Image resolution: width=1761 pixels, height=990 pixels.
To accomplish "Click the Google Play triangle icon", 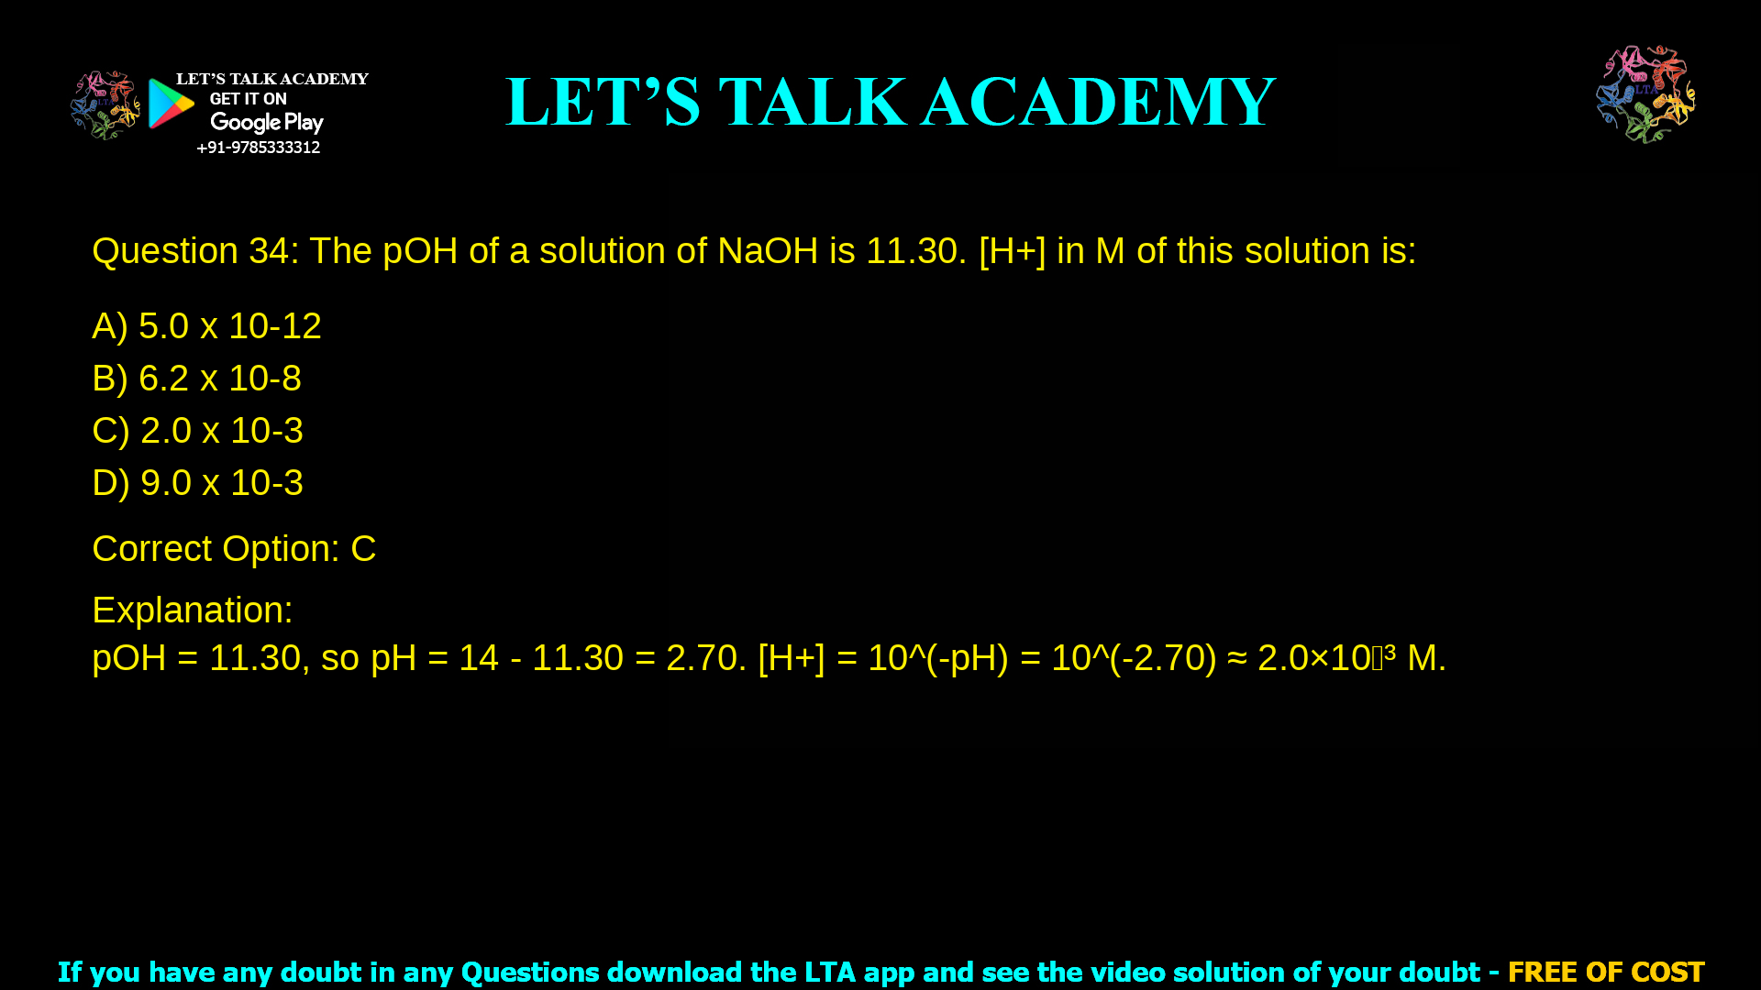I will tap(171, 104).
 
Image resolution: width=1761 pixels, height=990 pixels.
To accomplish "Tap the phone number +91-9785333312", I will tap(259, 148).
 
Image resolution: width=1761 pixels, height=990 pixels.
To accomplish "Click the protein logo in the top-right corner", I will tap(1645, 93).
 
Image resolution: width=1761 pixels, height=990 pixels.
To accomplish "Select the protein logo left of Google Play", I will tap(105, 105).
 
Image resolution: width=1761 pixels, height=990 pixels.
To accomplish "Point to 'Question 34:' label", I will tap(195, 251).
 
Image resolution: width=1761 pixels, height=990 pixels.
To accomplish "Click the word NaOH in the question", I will tap(768, 251).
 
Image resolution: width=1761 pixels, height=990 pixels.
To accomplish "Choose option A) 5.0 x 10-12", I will tap(206, 326).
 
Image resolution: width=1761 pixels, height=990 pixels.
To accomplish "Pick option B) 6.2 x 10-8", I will tap(196, 379).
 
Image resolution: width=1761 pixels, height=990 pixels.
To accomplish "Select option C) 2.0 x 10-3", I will tap(197, 431).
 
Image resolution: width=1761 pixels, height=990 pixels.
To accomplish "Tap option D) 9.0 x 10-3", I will tap(197, 483).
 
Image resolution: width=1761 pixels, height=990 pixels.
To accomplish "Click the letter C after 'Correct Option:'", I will tap(363, 549).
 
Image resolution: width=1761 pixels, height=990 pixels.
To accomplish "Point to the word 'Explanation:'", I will tap(193, 610).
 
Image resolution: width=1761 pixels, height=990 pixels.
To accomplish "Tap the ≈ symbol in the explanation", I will tap(1236, 658).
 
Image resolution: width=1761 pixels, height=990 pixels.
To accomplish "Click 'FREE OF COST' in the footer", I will tap(1606, 972).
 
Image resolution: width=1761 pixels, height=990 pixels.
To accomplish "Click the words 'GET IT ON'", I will tap(248, 99).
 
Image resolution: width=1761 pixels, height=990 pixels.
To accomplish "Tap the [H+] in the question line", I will tap(1012, 251).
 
